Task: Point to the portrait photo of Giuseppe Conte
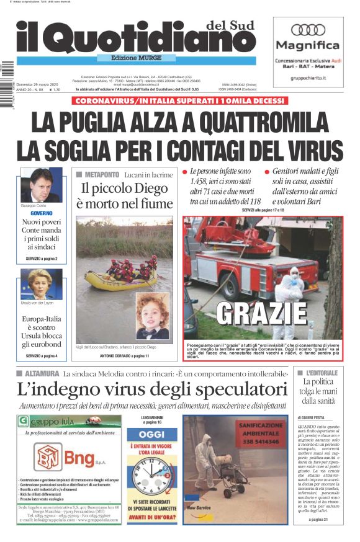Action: point(41,184)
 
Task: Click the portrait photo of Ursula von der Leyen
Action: point(41,285)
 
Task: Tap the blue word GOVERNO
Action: point(41,213)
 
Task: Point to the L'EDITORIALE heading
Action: point(322,373)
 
